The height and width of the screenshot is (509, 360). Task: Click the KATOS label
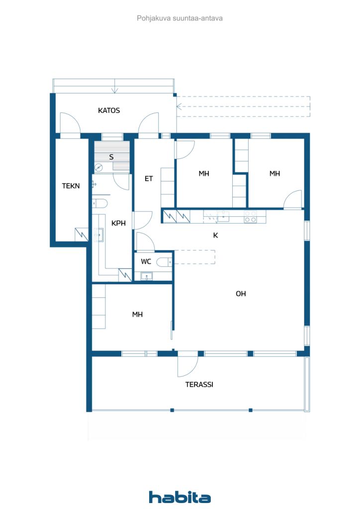coord(108,110)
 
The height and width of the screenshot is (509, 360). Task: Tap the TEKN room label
coord(70,186)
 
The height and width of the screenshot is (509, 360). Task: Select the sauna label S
coord(111,157)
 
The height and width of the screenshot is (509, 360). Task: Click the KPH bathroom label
coord(118,223)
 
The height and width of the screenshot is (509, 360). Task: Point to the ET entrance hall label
coord(149,178)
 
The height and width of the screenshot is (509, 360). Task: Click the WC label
coord(146,261)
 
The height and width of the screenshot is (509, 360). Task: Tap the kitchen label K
coord(215,236)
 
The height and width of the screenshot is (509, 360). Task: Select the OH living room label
coord(241,294)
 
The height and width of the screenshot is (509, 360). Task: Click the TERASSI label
coord(199,384)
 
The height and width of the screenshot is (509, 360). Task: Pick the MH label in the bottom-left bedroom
coord(137,314)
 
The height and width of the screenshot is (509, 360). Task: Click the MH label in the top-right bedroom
coord(274,173)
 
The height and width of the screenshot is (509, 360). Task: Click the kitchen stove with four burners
coord(250,216)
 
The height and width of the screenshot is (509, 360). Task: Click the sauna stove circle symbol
coord(98,168)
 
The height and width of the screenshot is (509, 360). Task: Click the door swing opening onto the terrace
coord(187,366)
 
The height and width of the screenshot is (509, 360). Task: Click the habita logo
coord(180,497)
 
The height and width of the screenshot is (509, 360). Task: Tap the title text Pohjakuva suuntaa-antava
coord(180,18)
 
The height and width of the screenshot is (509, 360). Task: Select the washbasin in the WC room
coord(146,276)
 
